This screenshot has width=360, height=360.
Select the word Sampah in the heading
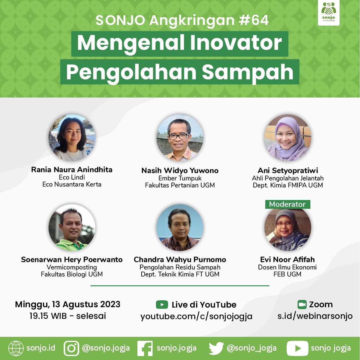[x=248, y=72]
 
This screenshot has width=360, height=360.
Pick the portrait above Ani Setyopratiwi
[x=288, y=138]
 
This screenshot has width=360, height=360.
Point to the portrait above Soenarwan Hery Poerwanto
[x=72, y=227]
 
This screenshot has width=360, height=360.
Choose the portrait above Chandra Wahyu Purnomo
[x=180, y=227]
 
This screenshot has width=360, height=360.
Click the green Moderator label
[x=287, y=204]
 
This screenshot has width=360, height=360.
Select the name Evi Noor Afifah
[x=287, y=260]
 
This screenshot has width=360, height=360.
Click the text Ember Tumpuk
[x=180, y=178]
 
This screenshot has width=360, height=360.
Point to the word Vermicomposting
[x=72, y=267]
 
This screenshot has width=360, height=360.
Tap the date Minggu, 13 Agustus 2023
[x=68, y=304]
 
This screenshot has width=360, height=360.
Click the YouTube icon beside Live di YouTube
[x=162, y=305]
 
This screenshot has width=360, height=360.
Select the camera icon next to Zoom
[x=302, y=305]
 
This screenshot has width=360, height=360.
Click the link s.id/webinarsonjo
[x=315, y=316]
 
